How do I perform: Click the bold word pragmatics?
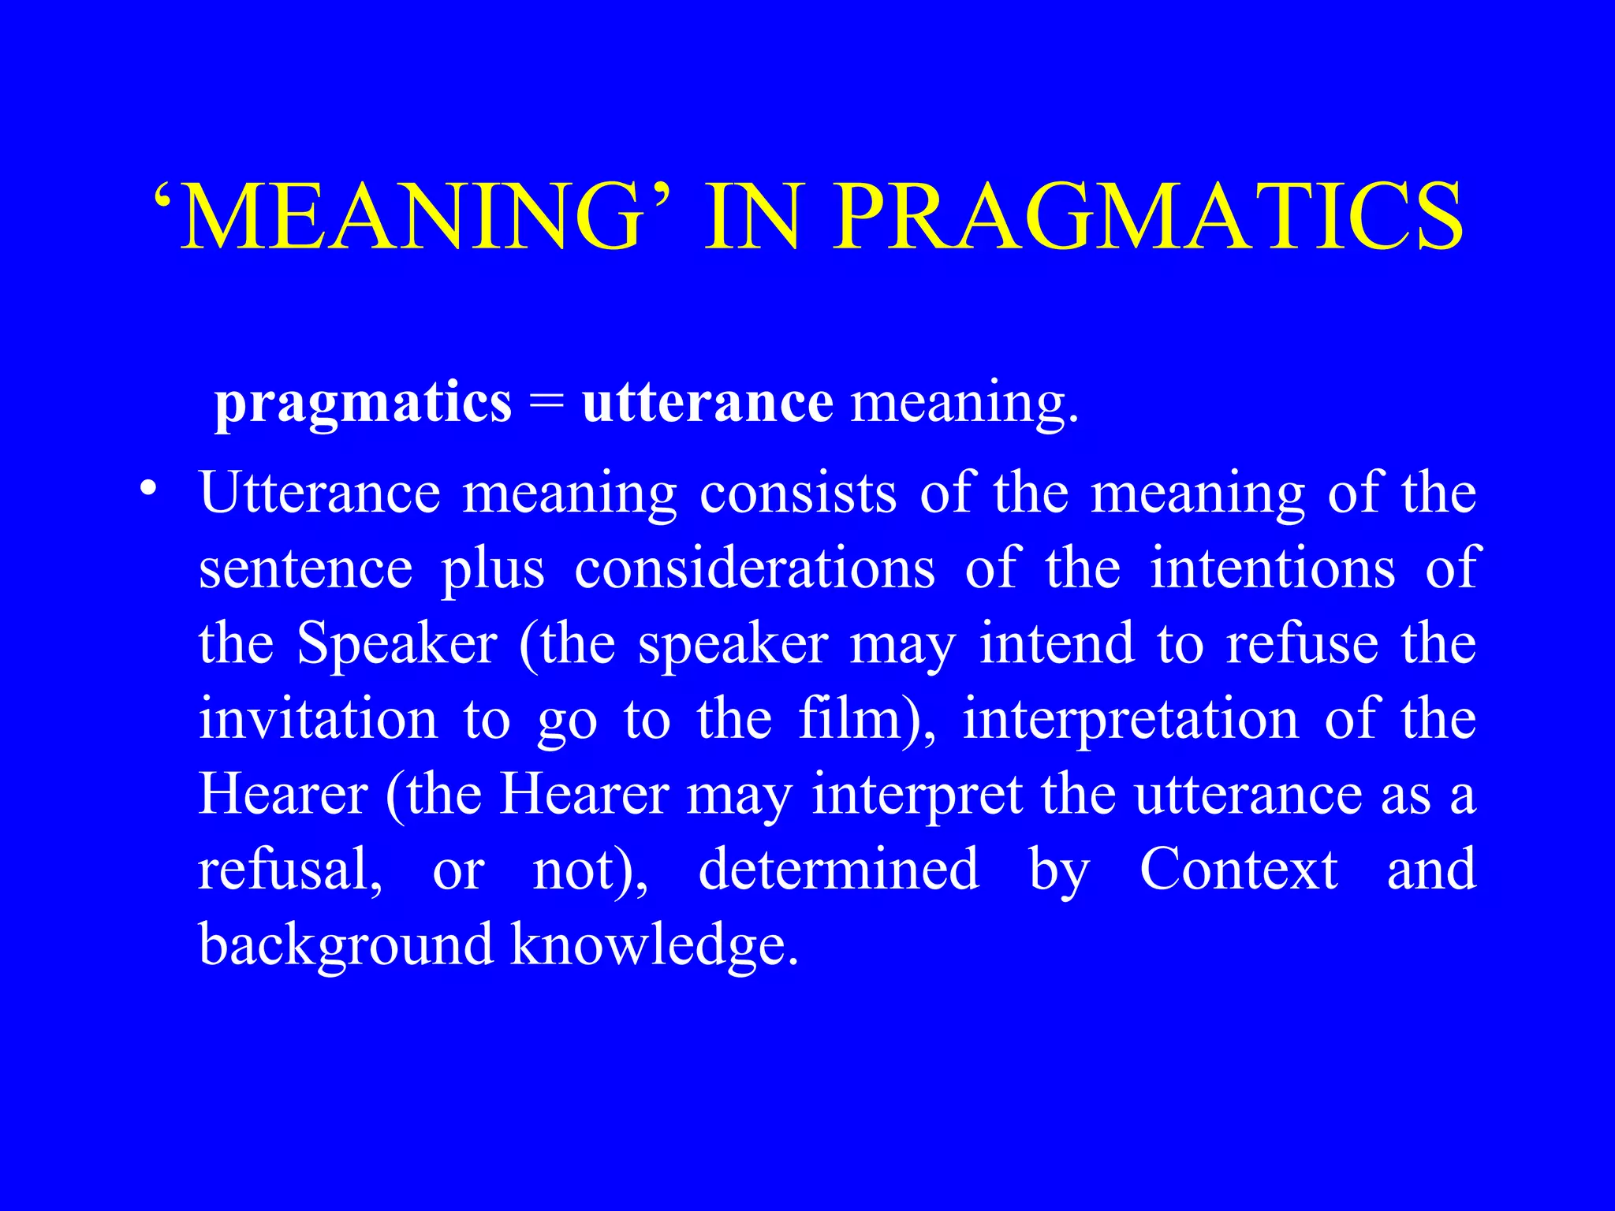(x=364, y=404)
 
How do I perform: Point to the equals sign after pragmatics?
(x=547, y=404)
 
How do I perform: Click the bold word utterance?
(x=707, y=404)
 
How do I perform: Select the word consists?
(x=798, y=493)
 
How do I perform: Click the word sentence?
(x=306, y=568)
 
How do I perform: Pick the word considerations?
(x=755, y=568)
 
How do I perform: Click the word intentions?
(x=1272, y=568)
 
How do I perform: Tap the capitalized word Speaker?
(x=397, y=643)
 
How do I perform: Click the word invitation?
(x=318, y=718)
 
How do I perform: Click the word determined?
(x=838, y=869)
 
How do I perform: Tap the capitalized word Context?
(x=1238, y=869)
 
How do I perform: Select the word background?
(x=345, y=945)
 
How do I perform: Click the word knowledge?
(x=654, y=945)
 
